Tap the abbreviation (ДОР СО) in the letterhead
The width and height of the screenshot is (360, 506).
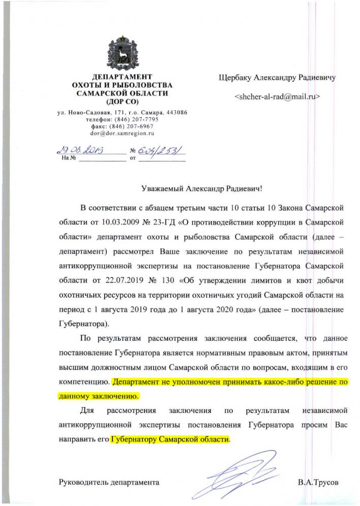[122, 102]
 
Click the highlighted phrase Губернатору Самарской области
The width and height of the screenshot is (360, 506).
[170, 438]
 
